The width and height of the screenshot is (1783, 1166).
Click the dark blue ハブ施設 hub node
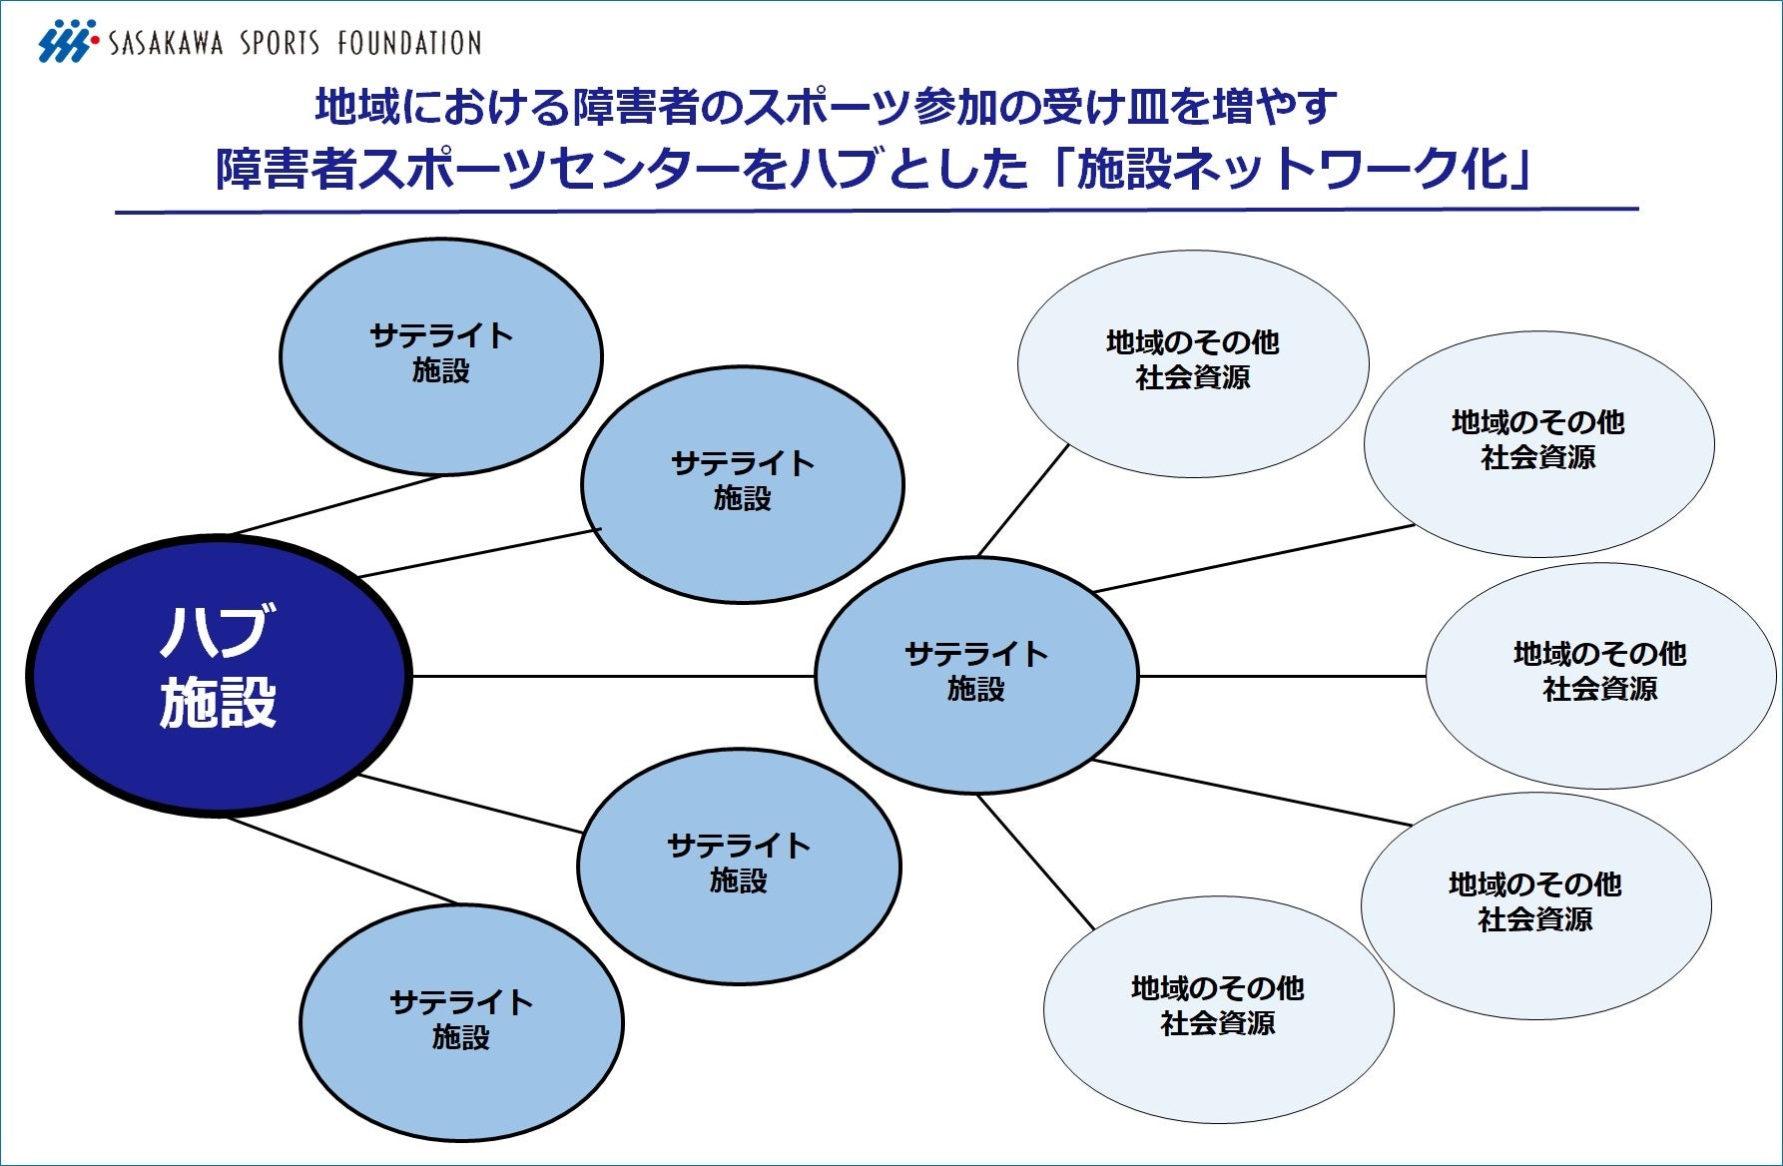[x=219, y=676]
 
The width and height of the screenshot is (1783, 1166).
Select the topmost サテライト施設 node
[x=440, y=355]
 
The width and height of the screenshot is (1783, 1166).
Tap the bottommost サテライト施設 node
[x=461, y=1021]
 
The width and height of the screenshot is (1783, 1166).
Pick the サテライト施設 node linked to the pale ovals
[x=976, y=675]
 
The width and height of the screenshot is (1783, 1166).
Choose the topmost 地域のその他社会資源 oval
[x=1193, y=362]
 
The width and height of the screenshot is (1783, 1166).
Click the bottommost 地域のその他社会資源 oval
[x=1218, y=1008]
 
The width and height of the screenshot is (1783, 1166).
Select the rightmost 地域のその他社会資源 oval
[x=1600, y=675]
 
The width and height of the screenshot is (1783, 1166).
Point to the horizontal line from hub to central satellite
[x=614, y=676]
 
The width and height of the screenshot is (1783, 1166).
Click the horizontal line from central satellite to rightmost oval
[x=1283, y=676]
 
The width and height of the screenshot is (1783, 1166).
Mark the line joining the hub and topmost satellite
[x=334, y=505]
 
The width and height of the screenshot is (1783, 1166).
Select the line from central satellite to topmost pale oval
[x=1023, y=500]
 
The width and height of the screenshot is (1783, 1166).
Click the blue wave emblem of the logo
[x=66, y=42]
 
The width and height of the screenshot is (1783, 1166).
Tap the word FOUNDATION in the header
[x=409, y=43]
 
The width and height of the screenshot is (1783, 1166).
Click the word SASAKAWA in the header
[x=166, y=43]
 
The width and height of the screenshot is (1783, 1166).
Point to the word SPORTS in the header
[x=280, y=43]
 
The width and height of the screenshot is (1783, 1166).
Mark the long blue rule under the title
[x=877, y=211]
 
